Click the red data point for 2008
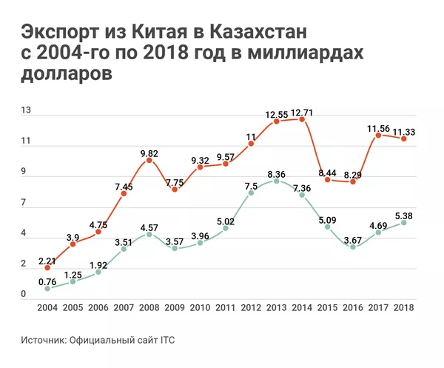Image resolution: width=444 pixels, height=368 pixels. (x=149, y=161)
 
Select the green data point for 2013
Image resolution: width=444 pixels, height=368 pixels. (x=276, y=181)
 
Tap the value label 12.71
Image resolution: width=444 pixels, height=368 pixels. (x=302, y=113)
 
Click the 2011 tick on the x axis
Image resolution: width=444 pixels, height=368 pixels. (x=226, y=307)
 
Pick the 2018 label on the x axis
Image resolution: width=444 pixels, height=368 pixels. (x=403, y=307)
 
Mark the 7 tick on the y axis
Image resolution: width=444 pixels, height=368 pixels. (x=24, y=203)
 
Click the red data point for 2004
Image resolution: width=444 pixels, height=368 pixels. (x=47, y=267)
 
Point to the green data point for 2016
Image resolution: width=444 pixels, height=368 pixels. (x=352, y=247)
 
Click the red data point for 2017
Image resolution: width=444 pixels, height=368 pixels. (x=378, y=135)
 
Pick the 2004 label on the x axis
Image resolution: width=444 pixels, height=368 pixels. (x=47, y=307)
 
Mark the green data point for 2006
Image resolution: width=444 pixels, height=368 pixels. (x=98, y=272)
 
